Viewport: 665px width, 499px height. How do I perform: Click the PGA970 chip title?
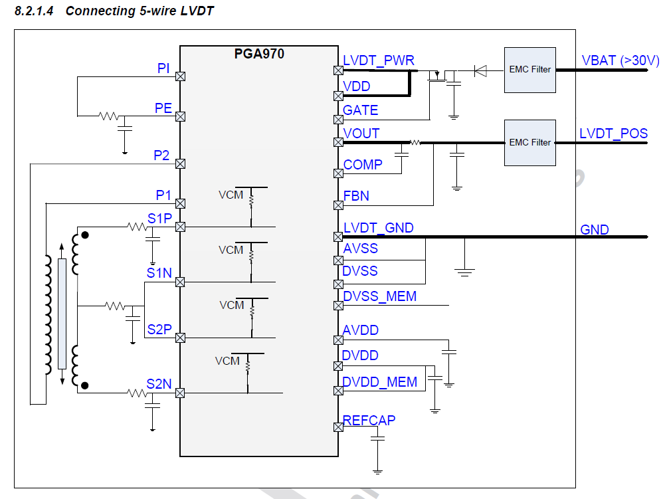click(259, 54)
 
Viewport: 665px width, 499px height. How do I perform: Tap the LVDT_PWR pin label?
click(379, 60)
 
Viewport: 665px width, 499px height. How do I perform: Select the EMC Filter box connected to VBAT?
click(529, 69)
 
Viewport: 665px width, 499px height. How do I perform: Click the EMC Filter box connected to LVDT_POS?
click(529, 142)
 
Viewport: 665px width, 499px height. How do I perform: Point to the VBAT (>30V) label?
click(620, 60)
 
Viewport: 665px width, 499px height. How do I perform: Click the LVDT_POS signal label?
click(613, 134)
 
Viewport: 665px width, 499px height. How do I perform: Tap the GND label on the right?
click(595, 230)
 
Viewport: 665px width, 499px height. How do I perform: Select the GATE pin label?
click(361, 110)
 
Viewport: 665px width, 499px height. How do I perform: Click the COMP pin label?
click(363, 165)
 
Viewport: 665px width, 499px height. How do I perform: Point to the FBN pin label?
click(356, 196)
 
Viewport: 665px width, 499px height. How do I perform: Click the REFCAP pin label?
click(369, 420)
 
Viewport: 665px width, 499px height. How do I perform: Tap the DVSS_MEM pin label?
click(379, 296)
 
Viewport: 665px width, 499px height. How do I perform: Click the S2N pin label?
click(159, 384)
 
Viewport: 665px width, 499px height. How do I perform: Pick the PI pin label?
click(163, 68)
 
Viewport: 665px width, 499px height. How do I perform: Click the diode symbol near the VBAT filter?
click(480, 69)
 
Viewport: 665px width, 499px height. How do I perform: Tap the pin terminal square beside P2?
click(179, 163)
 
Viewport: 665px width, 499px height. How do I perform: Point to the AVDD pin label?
click(361, 331)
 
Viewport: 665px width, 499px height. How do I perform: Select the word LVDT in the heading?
click(197, 11)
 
